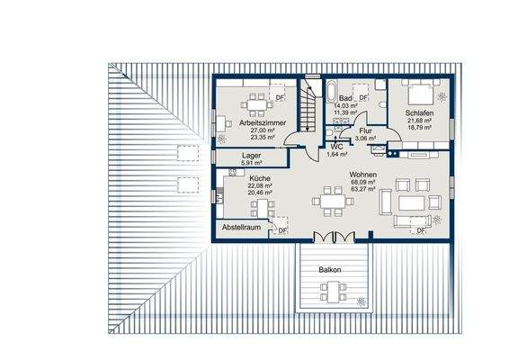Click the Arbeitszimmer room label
tap(263, 122)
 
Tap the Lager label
tap(251, 156)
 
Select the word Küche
tap(260, 178)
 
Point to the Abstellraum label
tap(241, 227)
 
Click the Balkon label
tap(329, 270)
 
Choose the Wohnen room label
tap(363, 175)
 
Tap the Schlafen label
tap(419, 113)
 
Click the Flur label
tap(365, 130)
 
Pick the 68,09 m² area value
tap(363, 182)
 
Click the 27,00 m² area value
tap(263, 130)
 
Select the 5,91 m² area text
tap(251, 163)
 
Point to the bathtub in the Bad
tap(332, 91)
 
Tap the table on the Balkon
tap(334, 292)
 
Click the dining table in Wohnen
tap(333, 202)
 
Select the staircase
tap(308, 105)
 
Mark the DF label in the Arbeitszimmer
tap(280, 97)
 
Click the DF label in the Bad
tap(363, 97)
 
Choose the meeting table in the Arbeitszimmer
tap(256, 105)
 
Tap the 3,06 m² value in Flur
tap(365, 139)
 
